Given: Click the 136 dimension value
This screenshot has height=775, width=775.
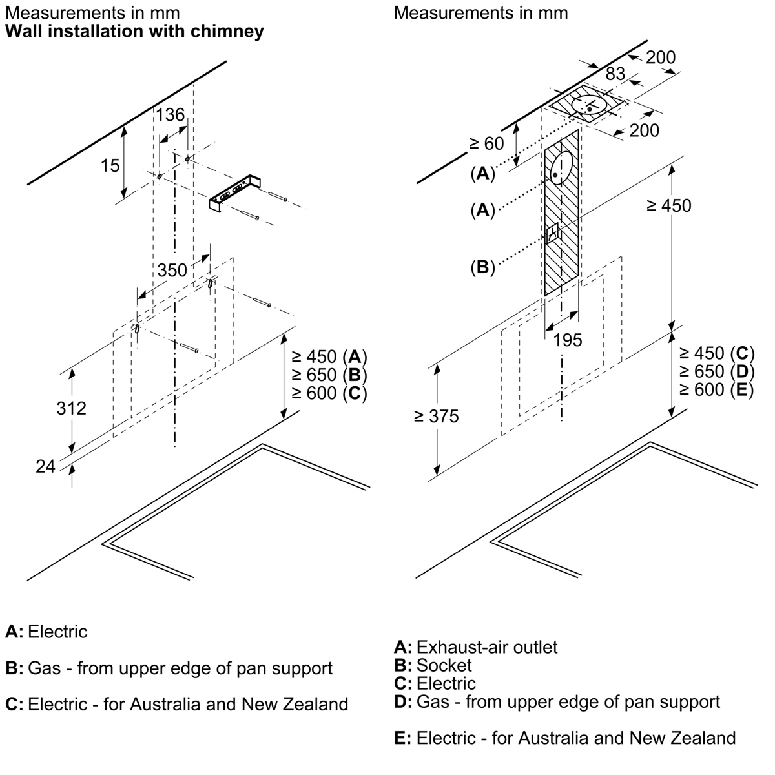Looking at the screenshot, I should [170, 115].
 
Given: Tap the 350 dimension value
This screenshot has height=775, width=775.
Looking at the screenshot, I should [172, 270].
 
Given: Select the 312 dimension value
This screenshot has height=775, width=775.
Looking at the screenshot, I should [71, 408].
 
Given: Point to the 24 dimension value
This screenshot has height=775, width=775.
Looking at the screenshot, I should [46, 466].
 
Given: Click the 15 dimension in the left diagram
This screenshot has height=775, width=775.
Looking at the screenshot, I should [110, 165].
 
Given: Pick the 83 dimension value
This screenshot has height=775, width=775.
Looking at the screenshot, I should [615, 74].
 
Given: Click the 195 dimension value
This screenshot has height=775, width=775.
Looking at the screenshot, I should [568, 340].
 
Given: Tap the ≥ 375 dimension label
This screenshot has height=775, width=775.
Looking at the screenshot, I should [437, 417].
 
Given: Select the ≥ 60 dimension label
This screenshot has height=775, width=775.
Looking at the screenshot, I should [486, 143].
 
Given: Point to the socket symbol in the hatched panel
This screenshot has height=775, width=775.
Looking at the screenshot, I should [553, 233].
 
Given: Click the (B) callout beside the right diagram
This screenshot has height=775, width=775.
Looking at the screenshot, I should [482, 267].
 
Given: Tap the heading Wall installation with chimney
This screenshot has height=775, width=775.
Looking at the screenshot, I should [134, 31].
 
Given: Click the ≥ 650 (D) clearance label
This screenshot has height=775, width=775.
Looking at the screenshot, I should [716, 371].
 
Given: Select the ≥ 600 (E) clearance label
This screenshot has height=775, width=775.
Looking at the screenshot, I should [716, 389].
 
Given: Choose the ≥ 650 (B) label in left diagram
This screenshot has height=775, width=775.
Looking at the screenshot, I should [329, 375].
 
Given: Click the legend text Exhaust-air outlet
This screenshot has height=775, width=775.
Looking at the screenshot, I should [487, 646].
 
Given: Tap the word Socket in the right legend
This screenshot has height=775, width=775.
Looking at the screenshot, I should [444, 665].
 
